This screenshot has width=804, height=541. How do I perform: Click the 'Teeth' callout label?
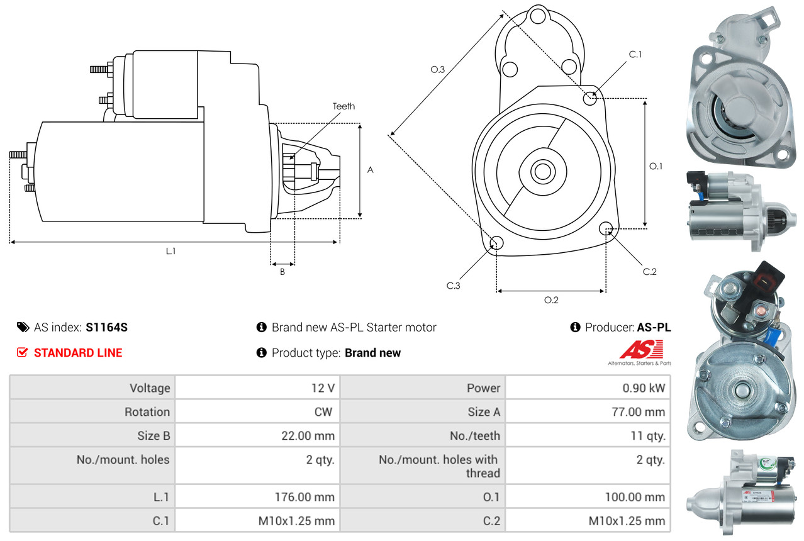343,106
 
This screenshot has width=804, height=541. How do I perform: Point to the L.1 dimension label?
170,251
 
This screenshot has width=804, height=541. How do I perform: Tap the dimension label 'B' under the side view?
282,272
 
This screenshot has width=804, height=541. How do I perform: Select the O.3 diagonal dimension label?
438,70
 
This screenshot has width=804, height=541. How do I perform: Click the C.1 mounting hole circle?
590,98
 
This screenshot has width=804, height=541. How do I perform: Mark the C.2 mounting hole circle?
606,228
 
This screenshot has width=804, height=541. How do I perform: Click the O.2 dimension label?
551,300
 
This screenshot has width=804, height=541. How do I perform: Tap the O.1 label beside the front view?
656,166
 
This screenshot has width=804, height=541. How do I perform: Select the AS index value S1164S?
107,327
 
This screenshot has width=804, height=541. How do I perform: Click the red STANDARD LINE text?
78,353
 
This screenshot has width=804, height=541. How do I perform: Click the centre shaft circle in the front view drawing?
541,170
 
